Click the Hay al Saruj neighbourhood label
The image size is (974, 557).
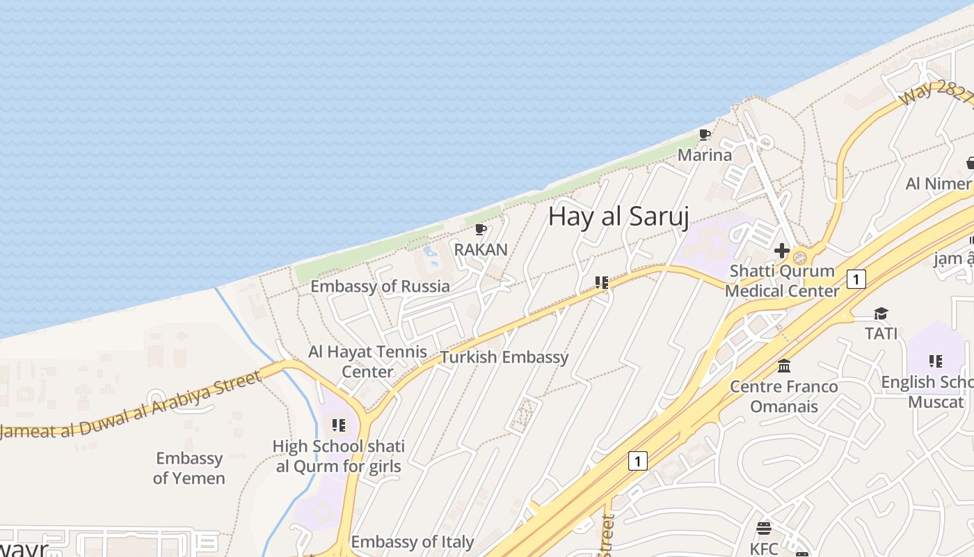click(618, 217)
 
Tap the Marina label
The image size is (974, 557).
click(705, 155)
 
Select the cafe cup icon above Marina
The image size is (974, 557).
click(705, 134)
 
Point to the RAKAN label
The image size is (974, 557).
click(481, 249)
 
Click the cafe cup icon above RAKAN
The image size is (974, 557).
click(480, 229)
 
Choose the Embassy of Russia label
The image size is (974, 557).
click(380, 286)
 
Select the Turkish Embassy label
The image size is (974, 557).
click(504, 357)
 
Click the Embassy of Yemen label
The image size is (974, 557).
click(189, 468)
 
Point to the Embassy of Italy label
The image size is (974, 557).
click(412, 542)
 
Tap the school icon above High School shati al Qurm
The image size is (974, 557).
click(339, 425)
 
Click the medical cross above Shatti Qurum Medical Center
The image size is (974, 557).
click(782, 251)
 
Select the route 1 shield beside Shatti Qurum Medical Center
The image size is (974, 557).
click(856, 279)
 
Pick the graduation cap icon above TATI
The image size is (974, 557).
click(881, 313)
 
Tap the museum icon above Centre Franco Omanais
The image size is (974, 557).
click(784, 366)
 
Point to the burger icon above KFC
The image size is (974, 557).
click(764, 528)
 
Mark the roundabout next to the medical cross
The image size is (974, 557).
click(800, 258)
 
